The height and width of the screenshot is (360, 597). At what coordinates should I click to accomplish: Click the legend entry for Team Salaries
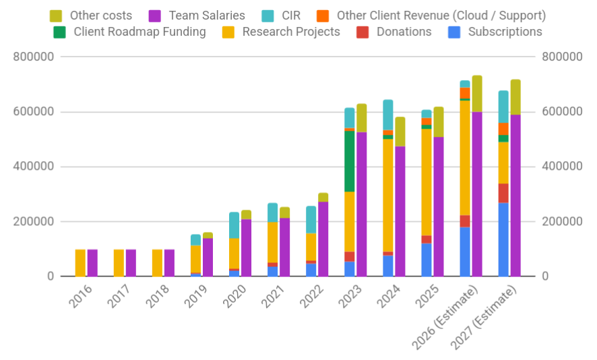(x=207, y=15)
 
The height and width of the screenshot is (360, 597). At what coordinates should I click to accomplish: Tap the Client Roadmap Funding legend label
(x=139, y=32)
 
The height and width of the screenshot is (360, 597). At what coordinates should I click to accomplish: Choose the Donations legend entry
(x=404, y=32)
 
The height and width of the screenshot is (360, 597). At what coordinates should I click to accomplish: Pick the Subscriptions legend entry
(x=505, y=32)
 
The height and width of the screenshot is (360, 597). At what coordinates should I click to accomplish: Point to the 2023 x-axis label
(x=352, y=301)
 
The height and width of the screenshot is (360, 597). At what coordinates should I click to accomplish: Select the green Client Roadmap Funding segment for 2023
(x=350, y=161)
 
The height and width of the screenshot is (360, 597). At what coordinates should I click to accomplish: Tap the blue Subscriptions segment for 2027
(x=503, y=239)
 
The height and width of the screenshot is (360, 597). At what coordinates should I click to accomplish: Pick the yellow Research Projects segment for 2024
(x=388, y=196)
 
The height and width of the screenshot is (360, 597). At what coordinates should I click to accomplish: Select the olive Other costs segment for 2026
(x=477, y=94)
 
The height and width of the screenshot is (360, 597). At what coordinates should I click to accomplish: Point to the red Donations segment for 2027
(x=503, y=193)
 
